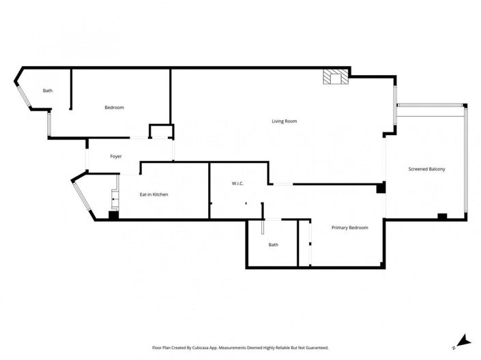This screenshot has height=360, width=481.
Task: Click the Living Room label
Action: click(284, 121)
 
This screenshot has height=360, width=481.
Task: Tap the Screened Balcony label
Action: click(426, 169)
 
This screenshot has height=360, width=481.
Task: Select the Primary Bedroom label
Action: click(349, 228)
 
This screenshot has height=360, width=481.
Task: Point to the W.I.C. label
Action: click(237, 183)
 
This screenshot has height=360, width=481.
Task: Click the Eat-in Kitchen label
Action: click(154, 195)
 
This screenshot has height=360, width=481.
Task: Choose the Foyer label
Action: click(116, 157)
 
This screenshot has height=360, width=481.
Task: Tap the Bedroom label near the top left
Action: click(114, 108)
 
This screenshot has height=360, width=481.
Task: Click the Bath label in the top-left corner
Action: click(48, 91)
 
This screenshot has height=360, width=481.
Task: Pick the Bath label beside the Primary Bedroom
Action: click(273, 245)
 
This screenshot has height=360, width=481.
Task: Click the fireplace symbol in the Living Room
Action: click(334, 78)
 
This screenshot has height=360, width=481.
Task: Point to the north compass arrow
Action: click(462, 340)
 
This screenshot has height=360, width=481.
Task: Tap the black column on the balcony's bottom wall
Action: click(442, 216)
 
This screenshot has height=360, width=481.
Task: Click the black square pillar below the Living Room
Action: click(381, 187)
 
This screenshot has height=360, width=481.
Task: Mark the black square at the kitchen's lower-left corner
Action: click(113, 215)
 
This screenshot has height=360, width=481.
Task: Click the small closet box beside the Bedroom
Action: click(161, 131)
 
